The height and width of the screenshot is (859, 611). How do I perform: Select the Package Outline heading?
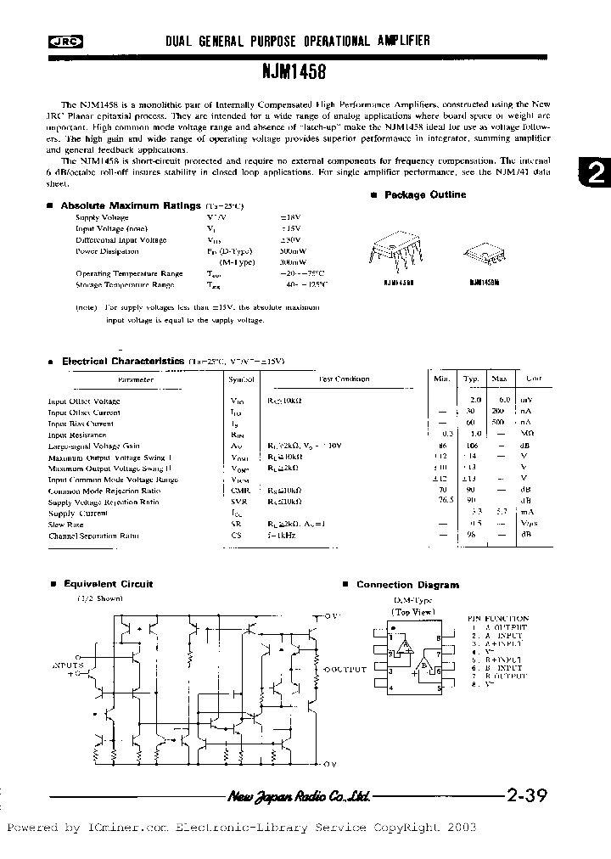point(424,195)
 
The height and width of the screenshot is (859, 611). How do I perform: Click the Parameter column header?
point(136,380)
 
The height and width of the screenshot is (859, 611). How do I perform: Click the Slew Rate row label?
point(66,525)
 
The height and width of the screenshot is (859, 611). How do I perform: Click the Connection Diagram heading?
point(407,585)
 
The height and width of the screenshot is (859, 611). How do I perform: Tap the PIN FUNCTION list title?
point(498,619)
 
